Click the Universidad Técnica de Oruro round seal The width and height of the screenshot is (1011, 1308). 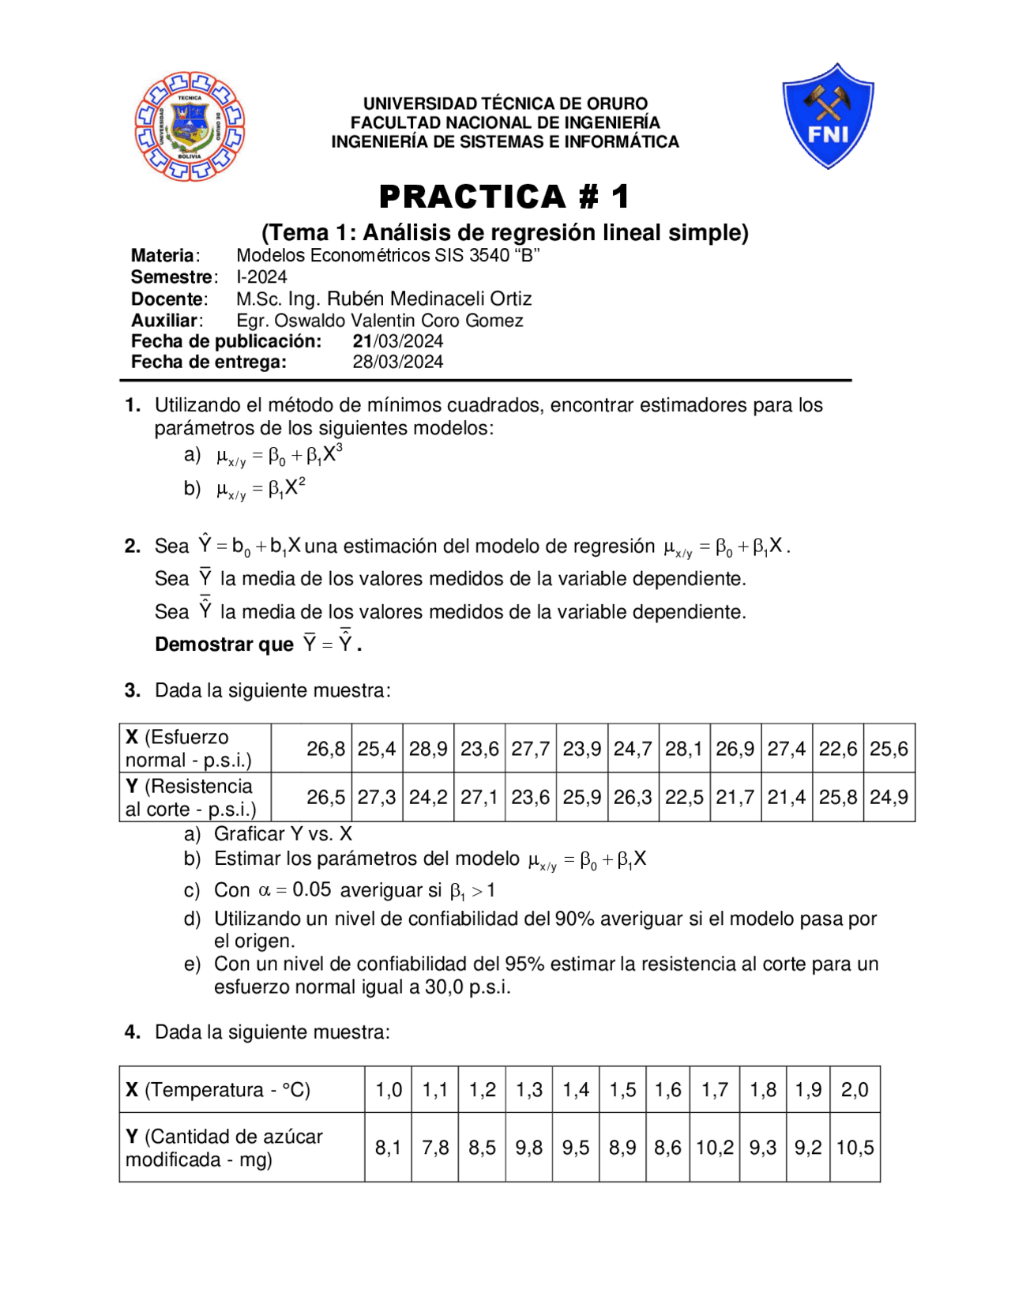click(x=190, y=126)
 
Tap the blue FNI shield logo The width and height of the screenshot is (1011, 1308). click(x=828, y=116)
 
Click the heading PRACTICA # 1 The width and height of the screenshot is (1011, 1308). click(x=505, y=197)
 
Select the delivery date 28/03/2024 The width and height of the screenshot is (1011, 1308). click(x=397, y=362)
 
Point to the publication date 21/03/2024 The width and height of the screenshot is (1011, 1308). click(x=397, y=341)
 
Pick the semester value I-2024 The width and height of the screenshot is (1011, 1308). click(x=261, y=277)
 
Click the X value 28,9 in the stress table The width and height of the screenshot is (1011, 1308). click(x=428, y=749)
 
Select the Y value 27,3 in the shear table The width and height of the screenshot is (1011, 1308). click(x=377, y=798)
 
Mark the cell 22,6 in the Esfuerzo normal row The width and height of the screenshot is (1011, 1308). click(x=838, y=749)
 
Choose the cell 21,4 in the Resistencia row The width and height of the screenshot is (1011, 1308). click(x=787, y=798)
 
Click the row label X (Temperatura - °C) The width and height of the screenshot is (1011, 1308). click(x=218, y=1090)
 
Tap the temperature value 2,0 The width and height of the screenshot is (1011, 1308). click(x=855, y=1090)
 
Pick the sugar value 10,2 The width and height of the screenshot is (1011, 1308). click(x=715, y=1148)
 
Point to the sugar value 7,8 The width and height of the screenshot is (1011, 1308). click(x=435, y=1148)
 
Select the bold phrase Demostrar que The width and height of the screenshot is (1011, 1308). click(x=224, y=645)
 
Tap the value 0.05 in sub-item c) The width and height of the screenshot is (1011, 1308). click(x=312, y=890)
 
